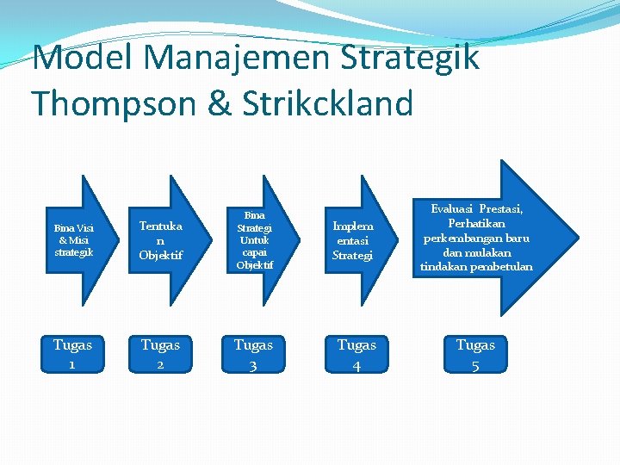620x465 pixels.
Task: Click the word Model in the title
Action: (83, 59)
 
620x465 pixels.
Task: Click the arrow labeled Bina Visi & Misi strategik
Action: (74, 240)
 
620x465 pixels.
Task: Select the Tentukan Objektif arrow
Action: (160, 240)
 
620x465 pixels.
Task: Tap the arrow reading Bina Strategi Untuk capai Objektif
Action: (254, 240)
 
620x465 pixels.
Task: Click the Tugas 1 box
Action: (72, 354)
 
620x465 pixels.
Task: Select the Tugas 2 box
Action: (160, 354)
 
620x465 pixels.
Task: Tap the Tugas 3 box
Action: (253, 354)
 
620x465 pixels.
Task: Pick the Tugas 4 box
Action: (356, 354)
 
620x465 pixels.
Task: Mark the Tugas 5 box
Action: (475, 354)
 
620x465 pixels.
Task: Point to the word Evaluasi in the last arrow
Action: (454, 209)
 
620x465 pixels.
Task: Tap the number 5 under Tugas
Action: (475, 364)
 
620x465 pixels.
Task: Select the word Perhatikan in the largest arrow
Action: (476, 223)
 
